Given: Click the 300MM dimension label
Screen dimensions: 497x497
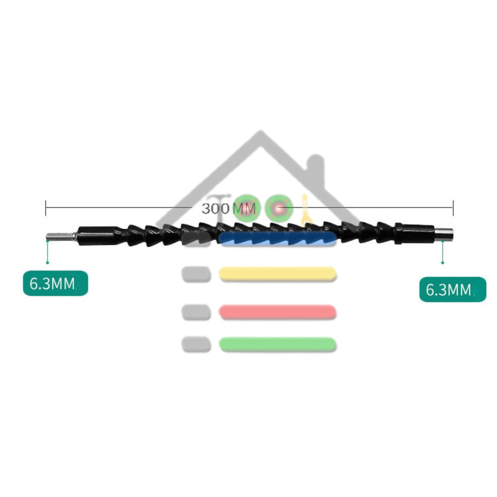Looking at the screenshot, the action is pyautogui.click(x=228, y=209).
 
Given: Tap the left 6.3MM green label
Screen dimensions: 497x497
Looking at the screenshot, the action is pyautogui.click(x=55, y=283).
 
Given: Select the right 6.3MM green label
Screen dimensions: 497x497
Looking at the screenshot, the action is pyautogui.click(x=452, y=290).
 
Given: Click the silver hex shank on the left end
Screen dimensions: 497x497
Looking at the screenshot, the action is pyautogui.click(x=60, y=236).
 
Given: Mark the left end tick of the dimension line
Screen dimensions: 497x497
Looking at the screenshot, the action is pyautogui.click(x=46, y=208).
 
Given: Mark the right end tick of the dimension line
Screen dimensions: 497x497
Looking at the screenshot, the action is pyautogui.click(x=453, y=208).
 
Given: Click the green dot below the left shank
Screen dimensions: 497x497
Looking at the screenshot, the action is pyautogui.click(x=48, y=262).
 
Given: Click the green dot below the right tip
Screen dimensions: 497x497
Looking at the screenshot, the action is pyautogui.click(x=443, y=263).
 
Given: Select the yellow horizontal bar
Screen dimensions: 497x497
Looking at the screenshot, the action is pyautogui.click(x=278, y=274).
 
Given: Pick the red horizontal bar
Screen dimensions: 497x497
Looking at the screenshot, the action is pyautogui.click(x=278, y=312).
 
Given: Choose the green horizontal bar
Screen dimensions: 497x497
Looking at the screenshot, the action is pyautogui.click(x=278, y=345).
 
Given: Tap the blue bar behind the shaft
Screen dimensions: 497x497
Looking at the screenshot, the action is pyautogui.click(x=278, y=239).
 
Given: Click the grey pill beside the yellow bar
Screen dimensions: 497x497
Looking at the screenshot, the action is pyautogui.click(x=196, y=274).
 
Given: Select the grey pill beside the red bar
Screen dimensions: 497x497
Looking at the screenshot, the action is pyautogui.click(x=196, y=312).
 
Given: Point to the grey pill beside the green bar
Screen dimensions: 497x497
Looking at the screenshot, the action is pyautogui.click(x=196, y=345).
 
